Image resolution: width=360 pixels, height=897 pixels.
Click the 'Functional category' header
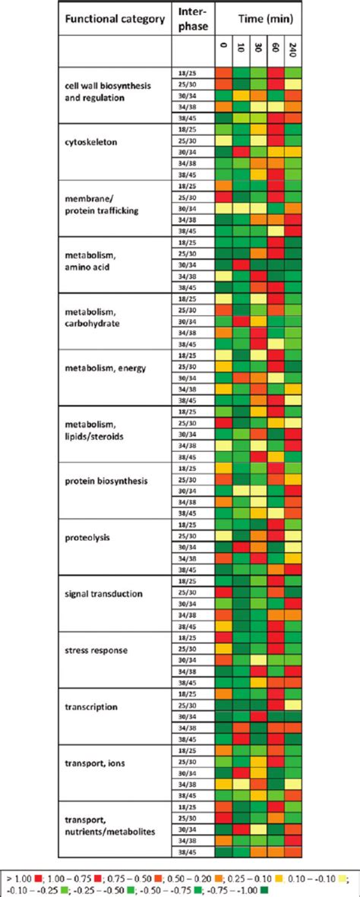113,20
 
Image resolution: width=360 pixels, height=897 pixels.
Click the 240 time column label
293,50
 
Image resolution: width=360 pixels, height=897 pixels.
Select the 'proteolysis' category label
88,537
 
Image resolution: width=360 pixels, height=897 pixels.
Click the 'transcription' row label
91,706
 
